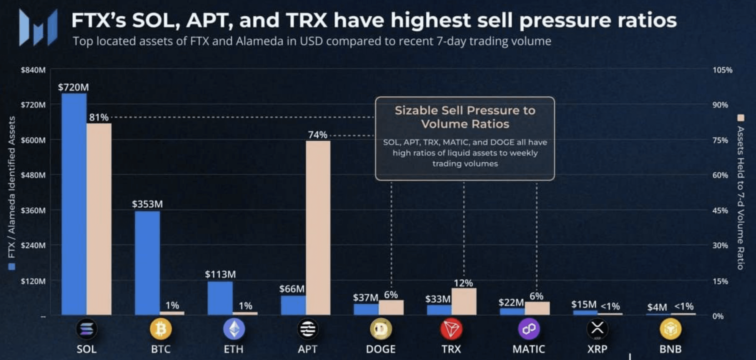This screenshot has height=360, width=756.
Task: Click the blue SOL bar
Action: (x=74, y=204)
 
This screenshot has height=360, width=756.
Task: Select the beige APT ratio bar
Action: (x=318, y=228)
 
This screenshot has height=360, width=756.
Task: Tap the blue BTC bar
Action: (x=147, y=263)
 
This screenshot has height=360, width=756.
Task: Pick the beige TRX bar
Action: (x=464, y=301)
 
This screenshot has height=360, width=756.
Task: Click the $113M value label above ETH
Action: (x=220, y=274)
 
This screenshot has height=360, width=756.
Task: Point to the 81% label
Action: (x=99, y=117)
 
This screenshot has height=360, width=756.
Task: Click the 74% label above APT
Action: (x=318, y=135)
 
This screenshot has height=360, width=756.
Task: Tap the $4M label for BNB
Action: (x=657, y=307)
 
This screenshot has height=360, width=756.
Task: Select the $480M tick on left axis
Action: (x=33, y=175)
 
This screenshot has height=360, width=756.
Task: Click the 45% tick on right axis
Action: (x=720, y=210)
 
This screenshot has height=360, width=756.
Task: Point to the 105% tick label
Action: (x=722, y=70)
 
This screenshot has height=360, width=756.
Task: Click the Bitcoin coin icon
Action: (x=161, y=329)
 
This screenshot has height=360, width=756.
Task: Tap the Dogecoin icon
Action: (x=381, y=329)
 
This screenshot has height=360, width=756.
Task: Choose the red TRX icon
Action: (x=451, y=329)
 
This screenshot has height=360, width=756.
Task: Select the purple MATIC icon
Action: (x=529, y=329)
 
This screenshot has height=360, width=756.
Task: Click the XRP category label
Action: (x=597, y=349)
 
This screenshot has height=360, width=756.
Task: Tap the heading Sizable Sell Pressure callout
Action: (x=465, y=117)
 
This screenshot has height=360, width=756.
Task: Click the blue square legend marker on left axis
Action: (x=12, y=266)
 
